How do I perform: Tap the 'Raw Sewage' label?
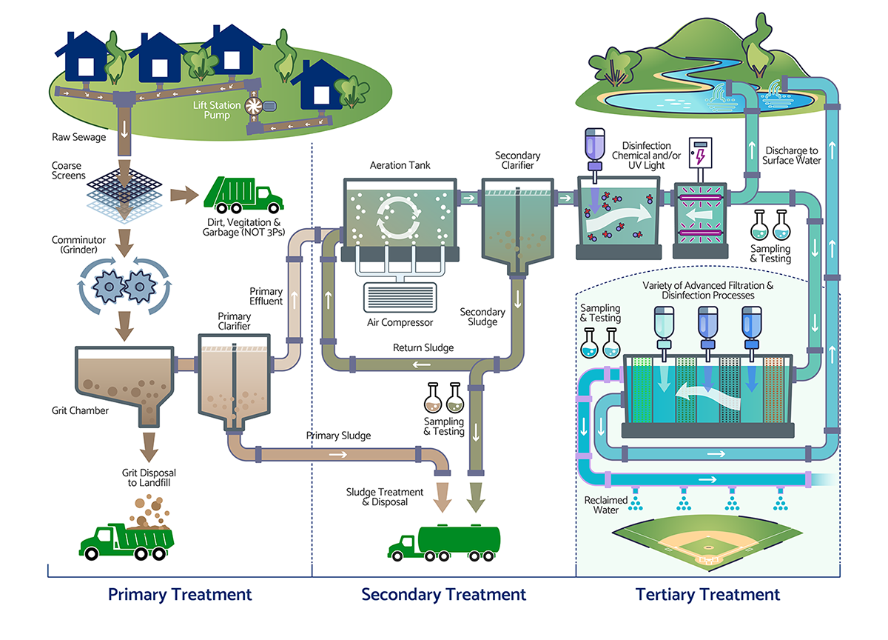[79, 137]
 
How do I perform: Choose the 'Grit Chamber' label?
[80, 410]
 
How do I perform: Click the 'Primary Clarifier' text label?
[234, 321]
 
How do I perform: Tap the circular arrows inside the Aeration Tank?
[399, 218]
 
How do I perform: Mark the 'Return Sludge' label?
[423, 347]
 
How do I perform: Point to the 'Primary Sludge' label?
[339, 436]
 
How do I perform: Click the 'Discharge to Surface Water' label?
[792, 156]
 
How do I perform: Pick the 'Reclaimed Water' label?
[606, 505]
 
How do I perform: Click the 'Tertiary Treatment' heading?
[707, 594]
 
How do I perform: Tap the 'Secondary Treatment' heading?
[443, 594]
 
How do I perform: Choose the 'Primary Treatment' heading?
[180, 594]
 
